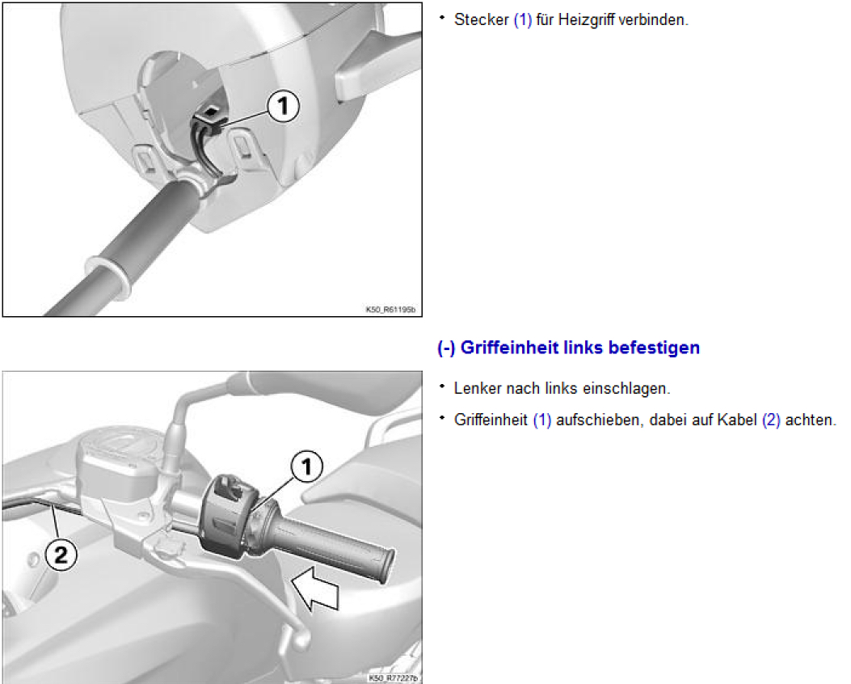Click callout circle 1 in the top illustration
point(284,106)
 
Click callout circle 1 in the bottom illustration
point(306,467)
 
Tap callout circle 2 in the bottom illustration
point(61,555)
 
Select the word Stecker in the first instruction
point(482,19)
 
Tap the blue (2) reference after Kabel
point(771,420)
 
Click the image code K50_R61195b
point(391,310)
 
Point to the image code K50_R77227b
point(394,678)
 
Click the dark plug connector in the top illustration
point(211,121)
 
